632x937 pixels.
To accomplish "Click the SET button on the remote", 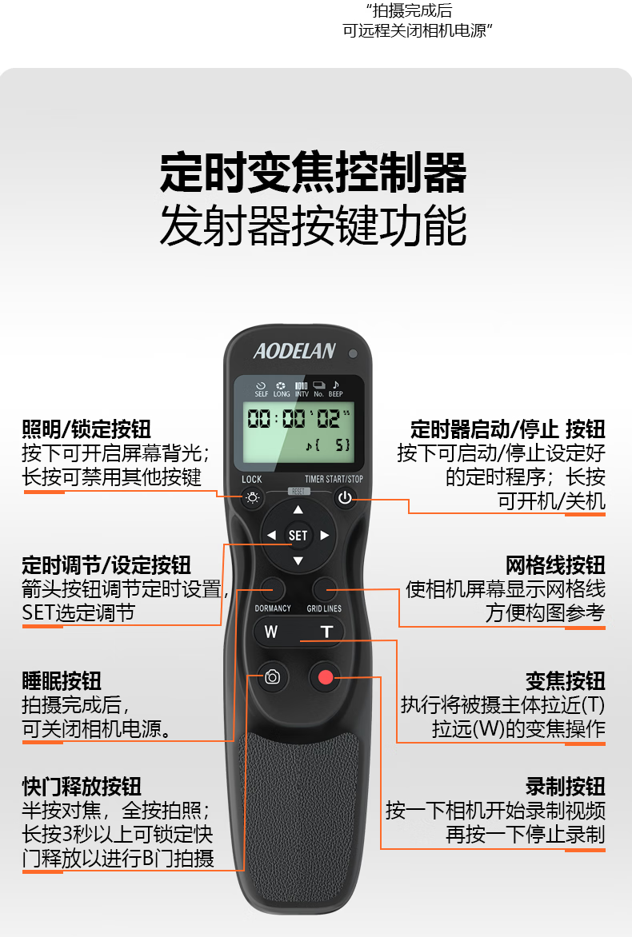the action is (x=298, y=536).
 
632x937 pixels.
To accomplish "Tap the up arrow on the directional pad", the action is (x=298, y=510).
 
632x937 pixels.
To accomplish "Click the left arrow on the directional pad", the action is (x=271, y=536).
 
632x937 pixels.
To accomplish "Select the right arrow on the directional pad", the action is (x=325, y=536).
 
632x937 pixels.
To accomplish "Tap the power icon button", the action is (x=345, y=498).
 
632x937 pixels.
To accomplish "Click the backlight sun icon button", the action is (x=252, y=498).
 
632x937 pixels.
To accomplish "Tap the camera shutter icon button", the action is (x=272, y=676).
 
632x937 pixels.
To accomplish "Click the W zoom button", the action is (x=271, y=632).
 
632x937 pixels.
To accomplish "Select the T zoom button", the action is (x=326, y=632).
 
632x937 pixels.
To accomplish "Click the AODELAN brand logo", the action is (x=294, y=351).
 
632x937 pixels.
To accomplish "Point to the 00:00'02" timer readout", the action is (x=298, y=417).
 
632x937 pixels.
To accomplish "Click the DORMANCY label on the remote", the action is (x=273, y=608).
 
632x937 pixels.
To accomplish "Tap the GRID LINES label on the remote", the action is (x=324, y=608).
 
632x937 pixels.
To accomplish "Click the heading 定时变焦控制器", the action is (x=314, y=172).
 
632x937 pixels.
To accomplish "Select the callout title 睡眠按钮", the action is (x=62, y=680).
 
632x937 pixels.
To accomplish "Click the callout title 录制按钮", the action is (x=566, y=787).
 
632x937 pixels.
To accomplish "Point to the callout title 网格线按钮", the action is (x=555, y=564).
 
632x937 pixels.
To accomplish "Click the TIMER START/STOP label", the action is (x=334, y=479).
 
